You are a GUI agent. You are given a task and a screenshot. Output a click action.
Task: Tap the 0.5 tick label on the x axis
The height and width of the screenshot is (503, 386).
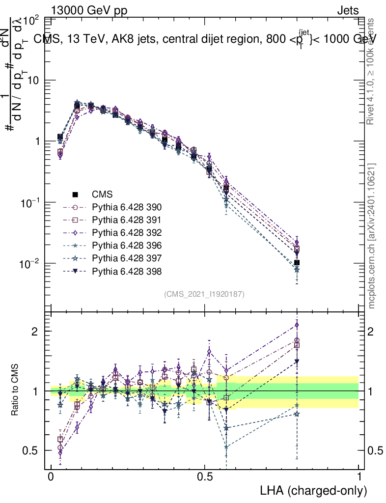click(x=205, y=476)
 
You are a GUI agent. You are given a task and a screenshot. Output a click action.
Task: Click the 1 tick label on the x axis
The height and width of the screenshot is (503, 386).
click(x=359, y=476)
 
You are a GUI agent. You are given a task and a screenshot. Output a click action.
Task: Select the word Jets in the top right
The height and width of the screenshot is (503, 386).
click(x=347, y=10)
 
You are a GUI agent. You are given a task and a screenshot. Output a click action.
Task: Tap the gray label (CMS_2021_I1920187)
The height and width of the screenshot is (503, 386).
click(x=204, y=294)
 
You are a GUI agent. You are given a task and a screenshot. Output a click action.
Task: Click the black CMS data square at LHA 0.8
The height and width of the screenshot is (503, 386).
click(x=297, y=263)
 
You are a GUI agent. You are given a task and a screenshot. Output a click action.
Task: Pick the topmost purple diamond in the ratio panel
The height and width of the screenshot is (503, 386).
click(x=297, y=325)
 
